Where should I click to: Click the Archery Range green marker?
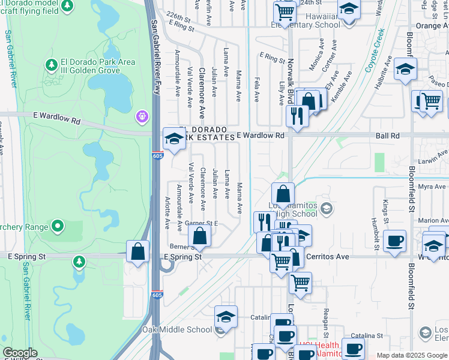point(58,226)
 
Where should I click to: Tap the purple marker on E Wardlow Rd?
point(142,115)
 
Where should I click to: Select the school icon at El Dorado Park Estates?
point(174,139)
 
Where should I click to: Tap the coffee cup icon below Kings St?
point(394,241)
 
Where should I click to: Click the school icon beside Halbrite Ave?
point(405,69)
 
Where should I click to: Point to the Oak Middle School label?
point(177,329)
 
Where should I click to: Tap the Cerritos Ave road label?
point(328,256)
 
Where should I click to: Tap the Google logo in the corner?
point(20,353)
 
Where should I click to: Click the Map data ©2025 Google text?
point(411,355)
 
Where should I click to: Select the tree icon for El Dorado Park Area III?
point(52,64)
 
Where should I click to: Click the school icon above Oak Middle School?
point(226,316)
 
